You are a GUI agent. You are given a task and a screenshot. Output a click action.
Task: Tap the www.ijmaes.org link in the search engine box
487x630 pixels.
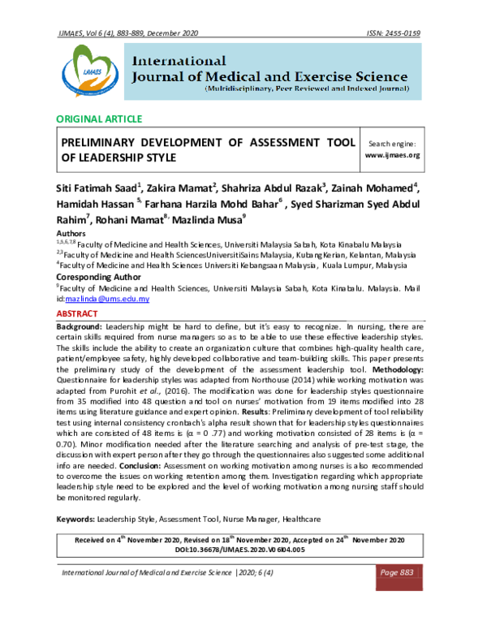pos(392,154)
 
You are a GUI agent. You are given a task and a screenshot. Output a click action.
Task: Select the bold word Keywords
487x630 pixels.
pos(75,518)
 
